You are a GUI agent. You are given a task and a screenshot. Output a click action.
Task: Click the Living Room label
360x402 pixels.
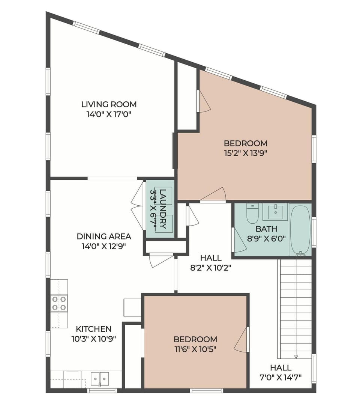pos(109,104)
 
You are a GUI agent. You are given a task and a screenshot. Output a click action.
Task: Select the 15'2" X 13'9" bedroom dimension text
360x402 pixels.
pos(246,153)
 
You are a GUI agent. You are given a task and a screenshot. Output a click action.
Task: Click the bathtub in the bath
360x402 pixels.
pos(300,230)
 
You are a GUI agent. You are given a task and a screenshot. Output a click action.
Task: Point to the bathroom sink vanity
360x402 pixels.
pos(275,212)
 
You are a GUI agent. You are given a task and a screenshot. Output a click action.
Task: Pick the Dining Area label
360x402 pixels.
pos(104,236)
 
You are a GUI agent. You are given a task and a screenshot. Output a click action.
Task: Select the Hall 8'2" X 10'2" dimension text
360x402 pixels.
pos(210,268)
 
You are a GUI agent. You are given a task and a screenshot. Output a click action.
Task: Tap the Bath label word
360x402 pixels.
pos(266,229)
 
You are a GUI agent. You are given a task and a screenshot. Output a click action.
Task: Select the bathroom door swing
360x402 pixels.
pos(239,240)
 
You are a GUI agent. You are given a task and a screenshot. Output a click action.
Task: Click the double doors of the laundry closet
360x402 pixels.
pos(137,205)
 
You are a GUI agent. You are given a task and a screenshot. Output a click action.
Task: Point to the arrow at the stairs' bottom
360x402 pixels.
pos(296,357)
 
